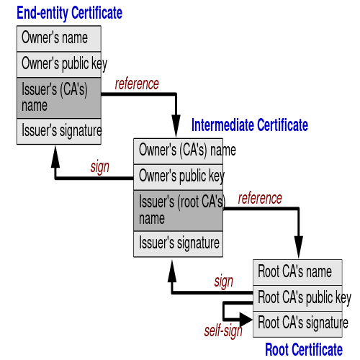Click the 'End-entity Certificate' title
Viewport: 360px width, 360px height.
(x=69, y=13)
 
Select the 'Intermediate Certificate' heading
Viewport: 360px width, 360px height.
(x=250, y=125)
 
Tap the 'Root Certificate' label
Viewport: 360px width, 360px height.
(x=304, y=349)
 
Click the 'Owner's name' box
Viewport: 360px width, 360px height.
(x=59, y=38)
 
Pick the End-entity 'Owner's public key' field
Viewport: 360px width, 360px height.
(x=59, y=64)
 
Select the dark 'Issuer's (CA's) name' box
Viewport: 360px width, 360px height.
(x=59, y=98)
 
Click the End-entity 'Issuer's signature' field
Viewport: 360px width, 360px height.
(x=59, y=131)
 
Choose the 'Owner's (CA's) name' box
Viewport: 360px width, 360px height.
(x=178, y=151)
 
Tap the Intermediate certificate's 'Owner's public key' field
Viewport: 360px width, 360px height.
(x=178, y=177)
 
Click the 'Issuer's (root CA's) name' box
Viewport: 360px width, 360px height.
(x=178, y=211)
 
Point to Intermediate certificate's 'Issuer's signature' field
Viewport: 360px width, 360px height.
(x=178, y=244)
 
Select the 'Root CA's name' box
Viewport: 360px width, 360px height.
(x=297, y=272)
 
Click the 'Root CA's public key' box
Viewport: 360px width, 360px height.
(x=297, y=299)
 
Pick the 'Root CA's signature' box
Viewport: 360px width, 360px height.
(x=297, y=324)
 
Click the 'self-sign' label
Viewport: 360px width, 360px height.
(x=223, y=331)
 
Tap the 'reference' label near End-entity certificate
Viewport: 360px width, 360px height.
(x=137, y=84)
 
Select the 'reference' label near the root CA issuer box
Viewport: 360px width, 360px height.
(x=260, y=199)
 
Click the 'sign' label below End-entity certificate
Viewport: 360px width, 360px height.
(x=100, y=167)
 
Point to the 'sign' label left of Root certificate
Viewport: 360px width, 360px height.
(x=224, y=282)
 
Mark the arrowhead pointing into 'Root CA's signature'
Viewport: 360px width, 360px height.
(x=246, y=320)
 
